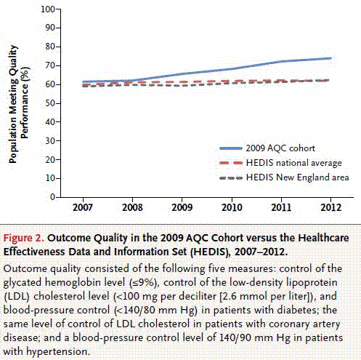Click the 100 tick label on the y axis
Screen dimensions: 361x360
click(48, 9)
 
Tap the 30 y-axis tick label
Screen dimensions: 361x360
click(50, 141)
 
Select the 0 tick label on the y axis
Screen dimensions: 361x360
click(52, 197)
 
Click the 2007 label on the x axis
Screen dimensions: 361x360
click(83, 207)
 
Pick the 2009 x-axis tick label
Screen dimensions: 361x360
click(182, 207)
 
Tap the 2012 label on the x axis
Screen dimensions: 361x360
click(331, 207)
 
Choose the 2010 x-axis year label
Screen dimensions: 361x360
click(232, 207)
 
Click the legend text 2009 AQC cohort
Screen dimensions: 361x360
click(280, 148)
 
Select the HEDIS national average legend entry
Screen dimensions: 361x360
click(294, 163)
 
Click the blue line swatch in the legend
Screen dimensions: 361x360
click(231, 148)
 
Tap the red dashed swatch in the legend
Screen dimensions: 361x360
click(231, 163)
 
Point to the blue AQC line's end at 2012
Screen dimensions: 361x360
click(330, 58)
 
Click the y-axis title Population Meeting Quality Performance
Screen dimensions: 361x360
click(19, 104)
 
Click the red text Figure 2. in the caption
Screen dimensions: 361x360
click(23, 238)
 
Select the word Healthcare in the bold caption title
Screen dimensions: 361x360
click(323, 238)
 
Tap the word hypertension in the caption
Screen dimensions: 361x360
click(57, 351)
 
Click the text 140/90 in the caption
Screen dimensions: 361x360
click(236, 337)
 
